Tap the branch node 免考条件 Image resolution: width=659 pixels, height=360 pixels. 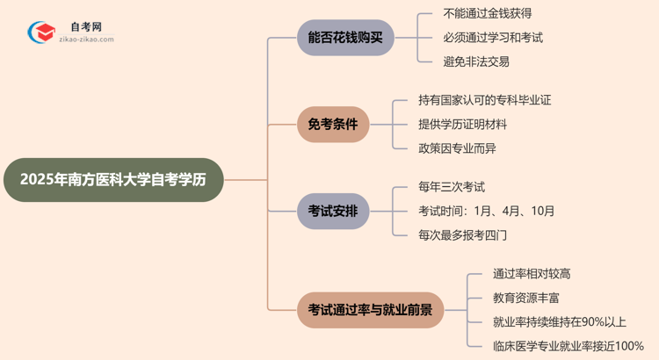click(x=333, y=124)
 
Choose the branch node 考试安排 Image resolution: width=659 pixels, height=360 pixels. click(x=333, y=211)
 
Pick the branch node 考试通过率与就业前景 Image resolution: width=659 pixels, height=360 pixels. click(x=370, y=309)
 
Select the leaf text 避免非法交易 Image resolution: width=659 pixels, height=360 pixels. click(x=476, y=61)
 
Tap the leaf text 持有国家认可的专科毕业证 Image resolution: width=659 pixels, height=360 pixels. click(x=485, y=100)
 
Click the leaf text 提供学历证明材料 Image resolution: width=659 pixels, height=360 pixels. click(x=463, y=124)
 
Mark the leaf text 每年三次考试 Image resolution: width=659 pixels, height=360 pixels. click(x=452, y=187)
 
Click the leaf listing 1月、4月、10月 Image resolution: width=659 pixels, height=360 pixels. click(x=487, y=211)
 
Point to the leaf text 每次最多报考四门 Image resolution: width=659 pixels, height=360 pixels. click(x=463, y=234)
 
